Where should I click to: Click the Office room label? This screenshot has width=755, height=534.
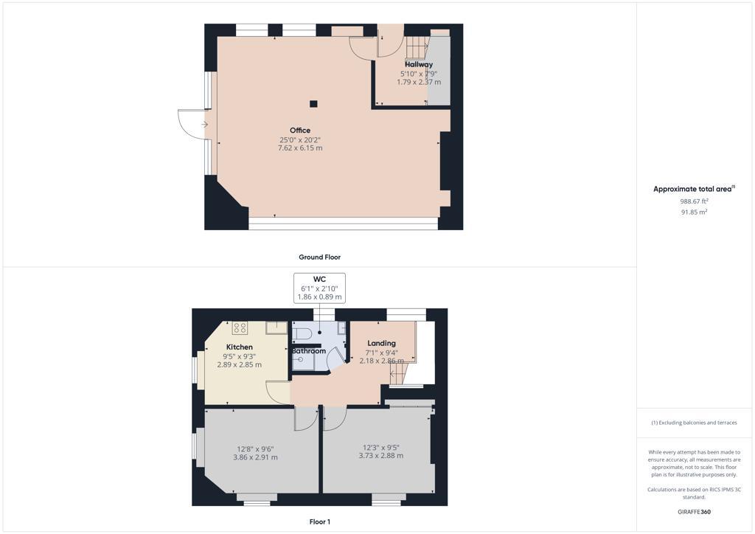point(300,131)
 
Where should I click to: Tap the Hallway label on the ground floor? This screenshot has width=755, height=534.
point(419,65)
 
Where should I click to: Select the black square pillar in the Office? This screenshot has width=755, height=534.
point(313,104)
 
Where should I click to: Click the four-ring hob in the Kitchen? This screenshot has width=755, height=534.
point(240,328)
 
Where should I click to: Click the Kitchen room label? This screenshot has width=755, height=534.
point(240,347)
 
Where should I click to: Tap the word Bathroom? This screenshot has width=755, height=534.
point(308,351)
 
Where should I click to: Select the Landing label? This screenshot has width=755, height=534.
point(381,343)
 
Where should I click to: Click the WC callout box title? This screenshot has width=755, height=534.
point(319,280)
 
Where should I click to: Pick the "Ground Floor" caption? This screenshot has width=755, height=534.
point(319,257)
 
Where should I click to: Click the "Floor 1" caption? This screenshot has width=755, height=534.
point(319,521)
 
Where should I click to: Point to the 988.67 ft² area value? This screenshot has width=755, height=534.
point(694,201)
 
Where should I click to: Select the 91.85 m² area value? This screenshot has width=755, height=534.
point(694,212)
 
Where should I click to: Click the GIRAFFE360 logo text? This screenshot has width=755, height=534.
point(695,512)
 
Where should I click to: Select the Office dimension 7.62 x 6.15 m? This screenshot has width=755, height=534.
point(300,148)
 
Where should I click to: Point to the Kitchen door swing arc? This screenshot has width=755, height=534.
point(278,392)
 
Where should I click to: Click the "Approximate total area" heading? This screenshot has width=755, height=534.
point(693,190)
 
